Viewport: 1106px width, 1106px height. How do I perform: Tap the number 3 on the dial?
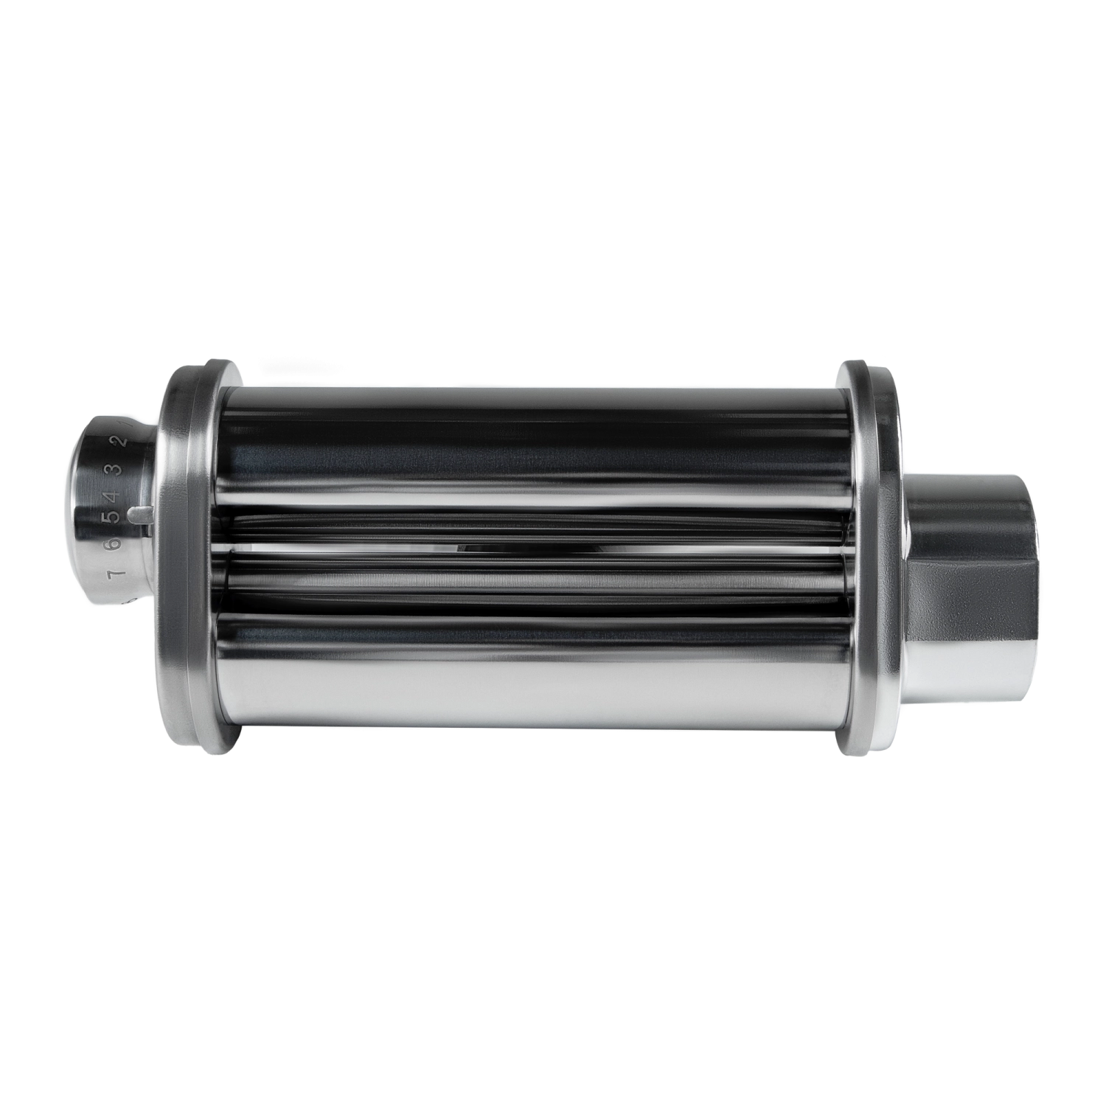coord(116,470)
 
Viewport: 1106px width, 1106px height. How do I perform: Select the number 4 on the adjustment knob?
coord(115,493)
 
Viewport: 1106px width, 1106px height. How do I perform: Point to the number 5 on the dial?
coord(113,518)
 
